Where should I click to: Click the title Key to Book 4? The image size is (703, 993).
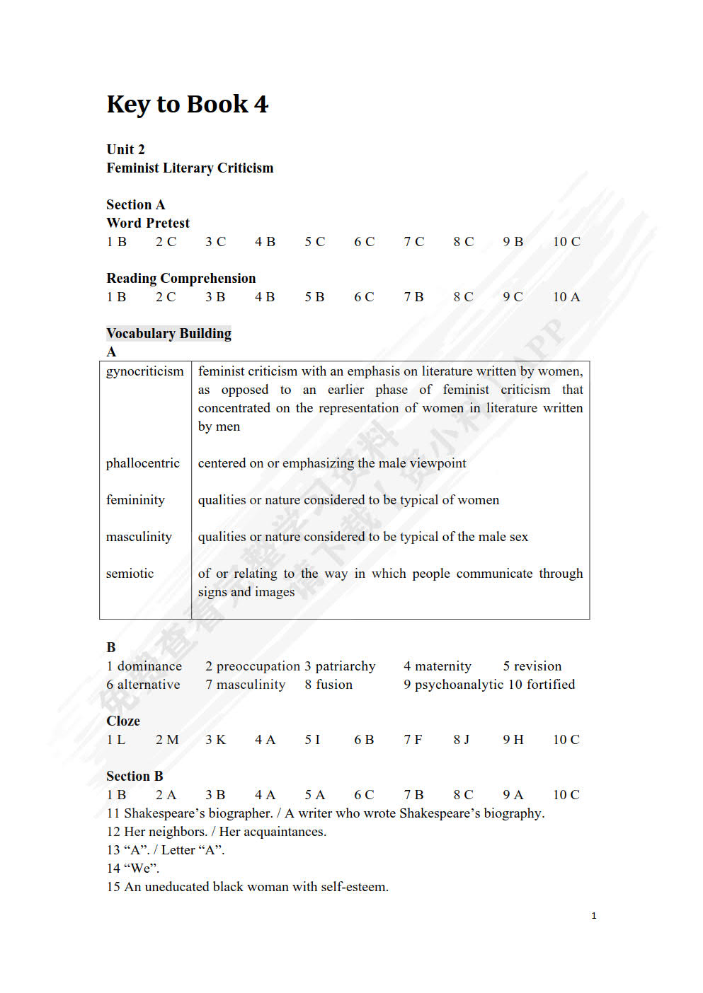[188, 105]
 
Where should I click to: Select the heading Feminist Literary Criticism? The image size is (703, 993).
[190, 168]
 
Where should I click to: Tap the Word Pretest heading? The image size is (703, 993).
[148, 223]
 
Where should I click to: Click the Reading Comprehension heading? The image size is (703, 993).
[181, 279]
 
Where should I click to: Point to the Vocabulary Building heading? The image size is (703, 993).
[169, 334]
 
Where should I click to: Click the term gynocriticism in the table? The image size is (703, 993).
[144, 371]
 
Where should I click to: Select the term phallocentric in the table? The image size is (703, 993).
[143, 463]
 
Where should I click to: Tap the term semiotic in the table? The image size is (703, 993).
[130, 574]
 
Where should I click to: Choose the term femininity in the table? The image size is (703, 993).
[135, 500]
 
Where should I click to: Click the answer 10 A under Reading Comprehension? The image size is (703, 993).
[566, 297]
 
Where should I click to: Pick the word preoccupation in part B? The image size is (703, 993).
[258, 666]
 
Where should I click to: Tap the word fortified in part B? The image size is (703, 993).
[550, 685]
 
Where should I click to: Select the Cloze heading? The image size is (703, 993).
[123, 721]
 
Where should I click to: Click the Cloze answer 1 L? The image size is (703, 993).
[116, 740]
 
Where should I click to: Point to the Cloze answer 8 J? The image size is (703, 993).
[462, 740]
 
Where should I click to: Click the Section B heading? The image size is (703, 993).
[135, 777]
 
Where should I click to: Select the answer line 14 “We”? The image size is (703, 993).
[133, 869]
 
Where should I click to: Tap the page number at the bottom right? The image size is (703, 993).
[594, 916]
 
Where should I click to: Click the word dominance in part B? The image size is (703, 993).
[149, 666]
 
